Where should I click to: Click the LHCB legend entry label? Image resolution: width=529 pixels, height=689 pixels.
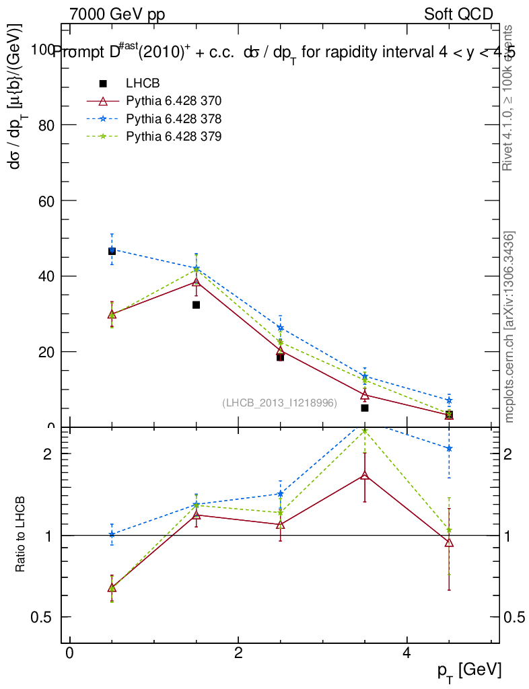click(x=143, y=84)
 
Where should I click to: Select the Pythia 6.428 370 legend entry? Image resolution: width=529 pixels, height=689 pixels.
click(x=174, y=101)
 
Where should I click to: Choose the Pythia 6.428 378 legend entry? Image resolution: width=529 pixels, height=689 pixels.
click(x=174, y=118)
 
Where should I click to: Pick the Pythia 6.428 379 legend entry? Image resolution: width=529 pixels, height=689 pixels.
click(x=174, y=136)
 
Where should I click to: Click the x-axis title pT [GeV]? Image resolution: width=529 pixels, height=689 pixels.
click(x=469, y=670)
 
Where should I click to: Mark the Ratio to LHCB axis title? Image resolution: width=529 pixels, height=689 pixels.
click(x=21, y=535)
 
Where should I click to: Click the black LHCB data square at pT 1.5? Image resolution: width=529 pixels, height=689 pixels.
click(x=196, y=305)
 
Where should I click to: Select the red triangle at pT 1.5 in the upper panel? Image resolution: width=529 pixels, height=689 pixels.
click(x=196, y=282)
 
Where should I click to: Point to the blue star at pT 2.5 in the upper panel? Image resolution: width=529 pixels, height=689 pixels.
click(x=281, y=328)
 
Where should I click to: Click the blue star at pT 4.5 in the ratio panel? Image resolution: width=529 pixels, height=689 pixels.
click(x=449, y=448)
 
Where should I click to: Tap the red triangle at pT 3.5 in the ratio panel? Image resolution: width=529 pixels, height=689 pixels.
click(x=365, y=476)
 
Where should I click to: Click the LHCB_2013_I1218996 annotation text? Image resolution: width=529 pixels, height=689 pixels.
click(x=279, y=403)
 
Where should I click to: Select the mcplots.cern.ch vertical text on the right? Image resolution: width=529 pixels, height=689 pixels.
click(x=509, y=327)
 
